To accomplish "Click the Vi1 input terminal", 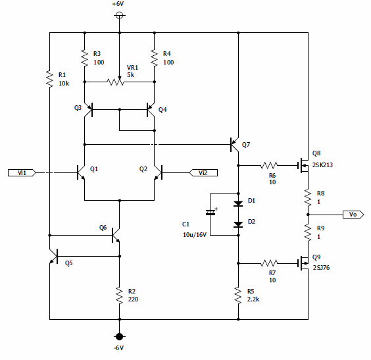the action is pos(22,173).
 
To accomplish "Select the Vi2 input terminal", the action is pos(203,173).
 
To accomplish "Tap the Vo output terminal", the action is pos(353,215).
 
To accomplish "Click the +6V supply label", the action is pos(118,4).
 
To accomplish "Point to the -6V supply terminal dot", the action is pos(119,336).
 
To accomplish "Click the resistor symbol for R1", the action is pos(49,79).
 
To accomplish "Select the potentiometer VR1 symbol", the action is pos(116,81).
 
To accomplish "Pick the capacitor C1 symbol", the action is pos(210,213).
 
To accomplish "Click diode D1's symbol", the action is pos(238,203).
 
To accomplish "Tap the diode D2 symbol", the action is pos(238,224).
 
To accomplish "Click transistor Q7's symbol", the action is pos(234,144).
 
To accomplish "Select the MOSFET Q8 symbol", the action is pos(303,165).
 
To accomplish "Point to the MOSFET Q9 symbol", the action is pos(303,263).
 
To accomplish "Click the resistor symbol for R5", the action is pos(238,295).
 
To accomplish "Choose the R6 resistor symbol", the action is pos(269,165).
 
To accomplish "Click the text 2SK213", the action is pos(322,165).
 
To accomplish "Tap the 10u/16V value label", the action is pos(195,234).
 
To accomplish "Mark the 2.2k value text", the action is pos(253,299).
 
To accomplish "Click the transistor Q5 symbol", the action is pos(53,256).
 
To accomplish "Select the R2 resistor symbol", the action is pos(120,295).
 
